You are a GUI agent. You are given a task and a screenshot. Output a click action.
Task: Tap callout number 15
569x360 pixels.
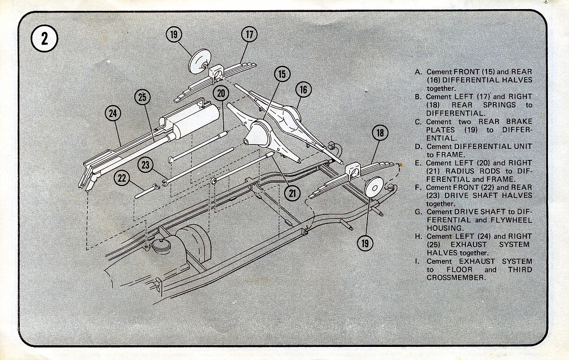point(282,74)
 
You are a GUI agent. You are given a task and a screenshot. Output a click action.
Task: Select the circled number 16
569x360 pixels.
point(304,90)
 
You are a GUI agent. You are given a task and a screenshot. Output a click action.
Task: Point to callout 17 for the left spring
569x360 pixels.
point(249,34)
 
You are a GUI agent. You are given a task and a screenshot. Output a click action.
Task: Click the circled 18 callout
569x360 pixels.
point(380,133)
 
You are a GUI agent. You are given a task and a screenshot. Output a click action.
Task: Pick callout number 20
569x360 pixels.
point(221,93)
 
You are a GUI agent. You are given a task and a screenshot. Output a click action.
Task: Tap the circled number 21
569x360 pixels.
point(292,193)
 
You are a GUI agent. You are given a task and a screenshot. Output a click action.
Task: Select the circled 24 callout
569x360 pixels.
point(113,113)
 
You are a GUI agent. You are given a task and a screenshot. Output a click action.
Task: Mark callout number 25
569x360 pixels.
point(142,97)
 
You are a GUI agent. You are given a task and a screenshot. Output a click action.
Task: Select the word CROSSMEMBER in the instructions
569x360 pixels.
point(456,278)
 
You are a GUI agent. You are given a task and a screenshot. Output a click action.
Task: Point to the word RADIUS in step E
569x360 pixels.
point(448,171)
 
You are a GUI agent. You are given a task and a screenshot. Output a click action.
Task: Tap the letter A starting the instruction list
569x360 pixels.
point(418,72)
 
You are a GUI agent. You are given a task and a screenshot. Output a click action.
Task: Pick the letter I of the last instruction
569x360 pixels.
point(418,261)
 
